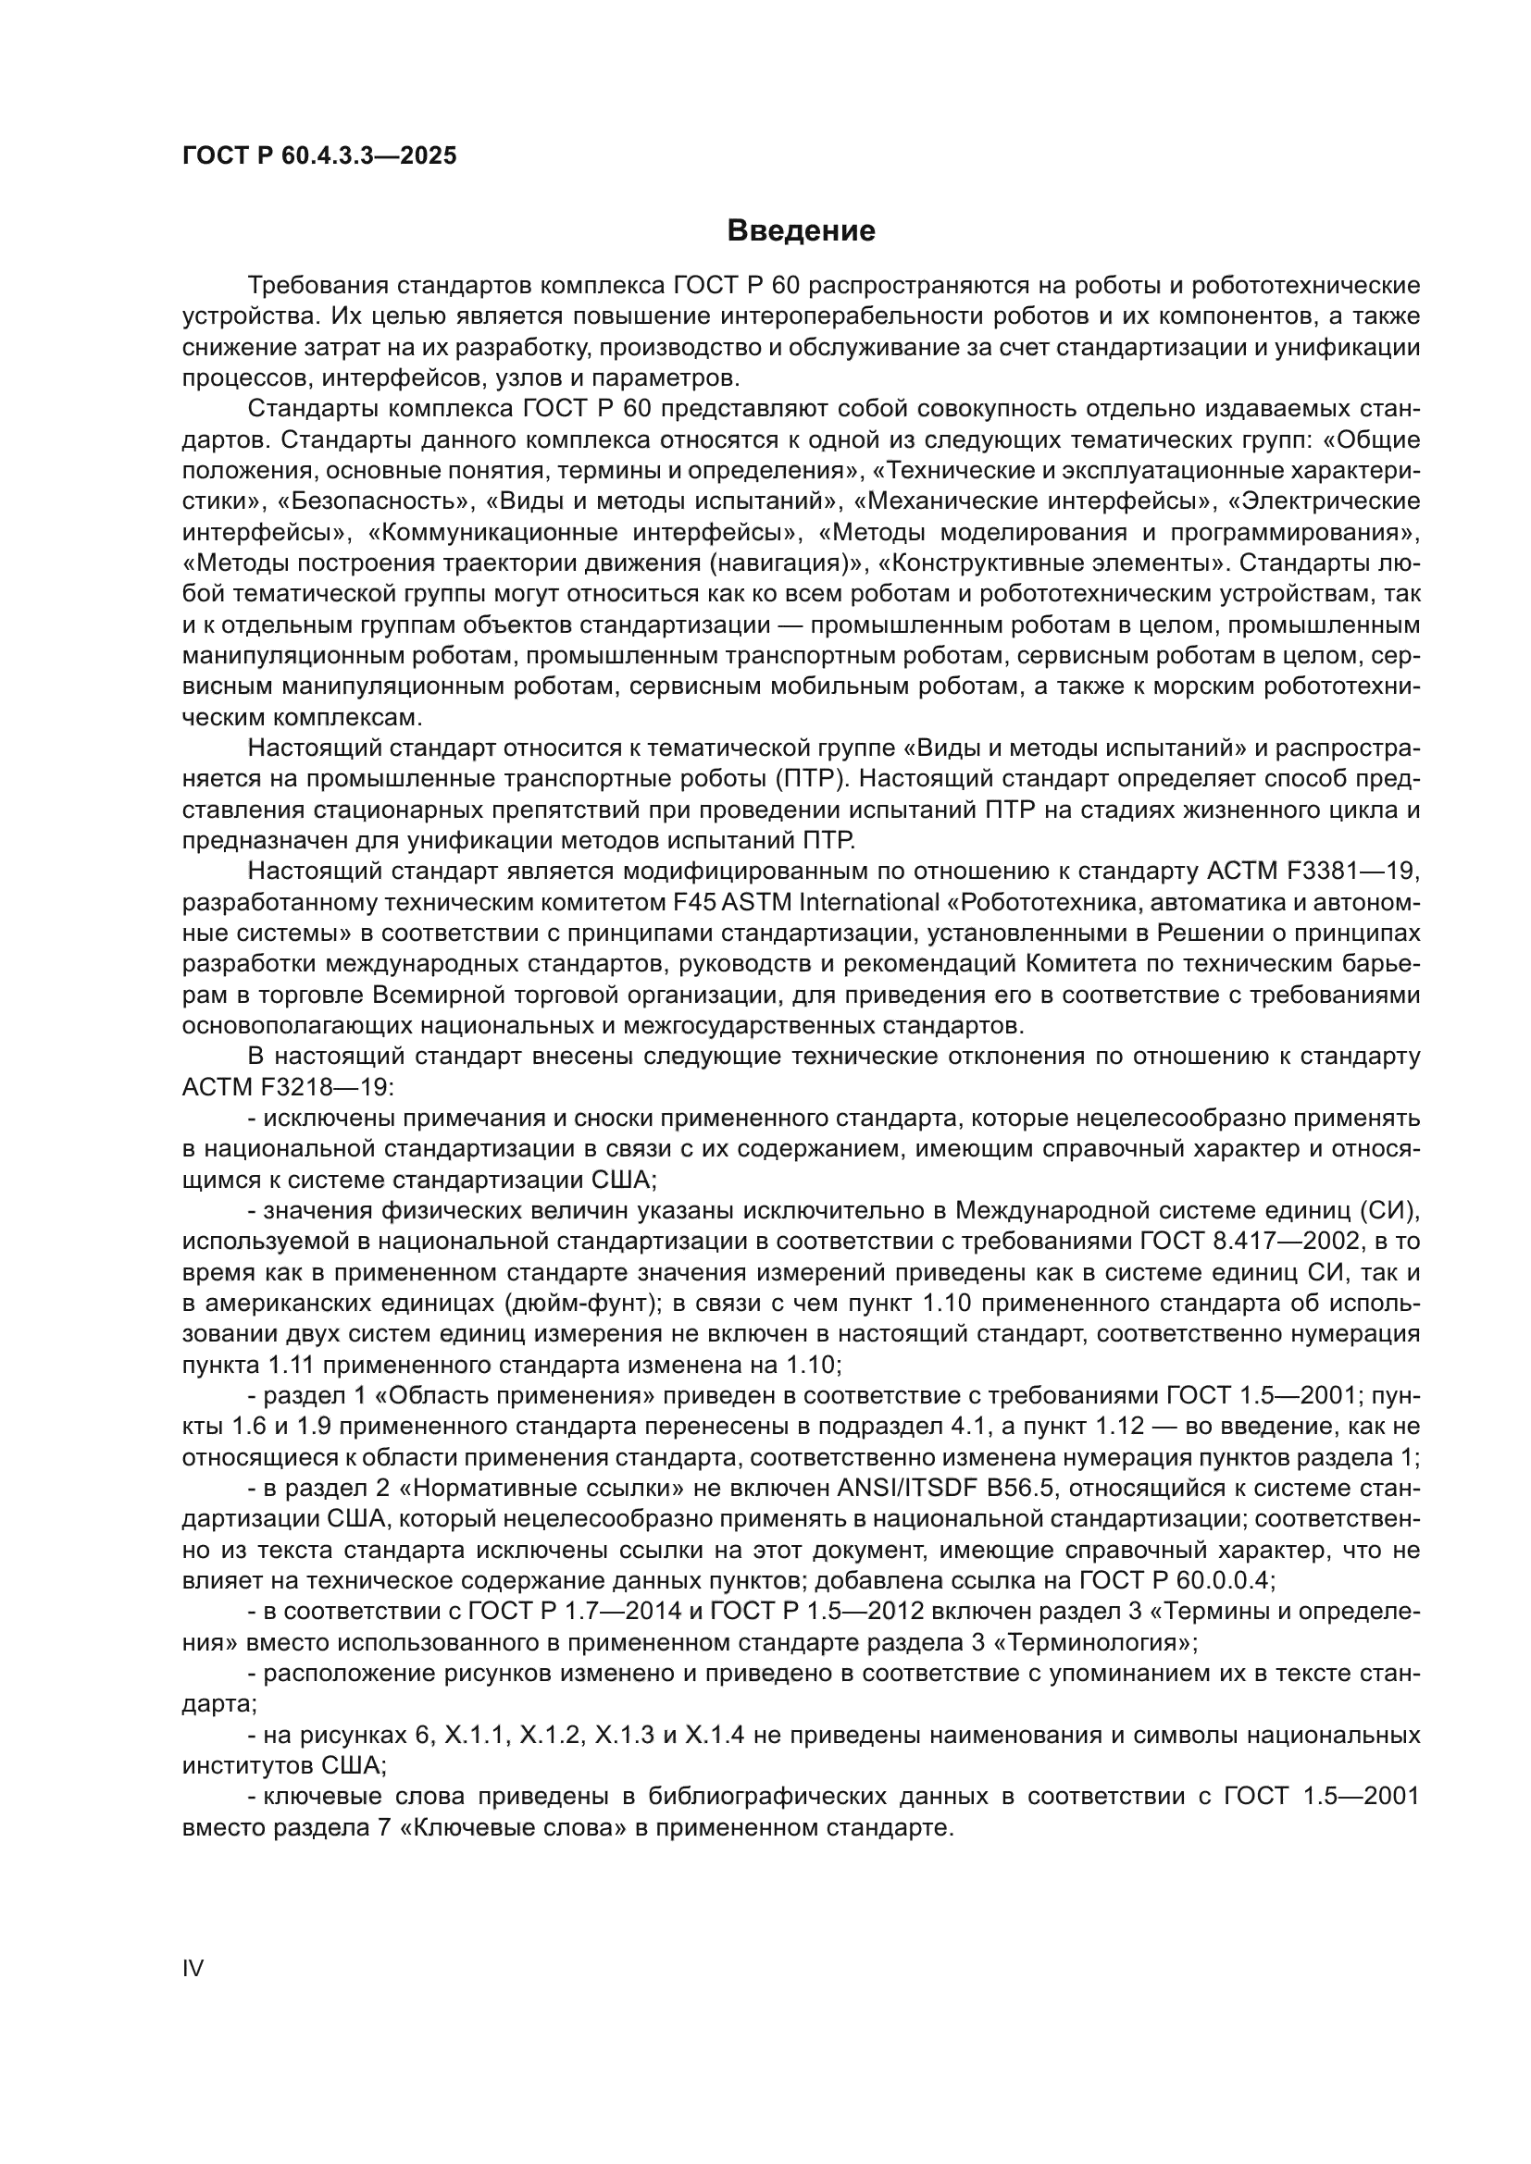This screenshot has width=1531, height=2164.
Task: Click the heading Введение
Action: [802, 231]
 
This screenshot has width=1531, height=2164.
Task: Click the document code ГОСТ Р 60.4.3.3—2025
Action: [319, 155]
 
